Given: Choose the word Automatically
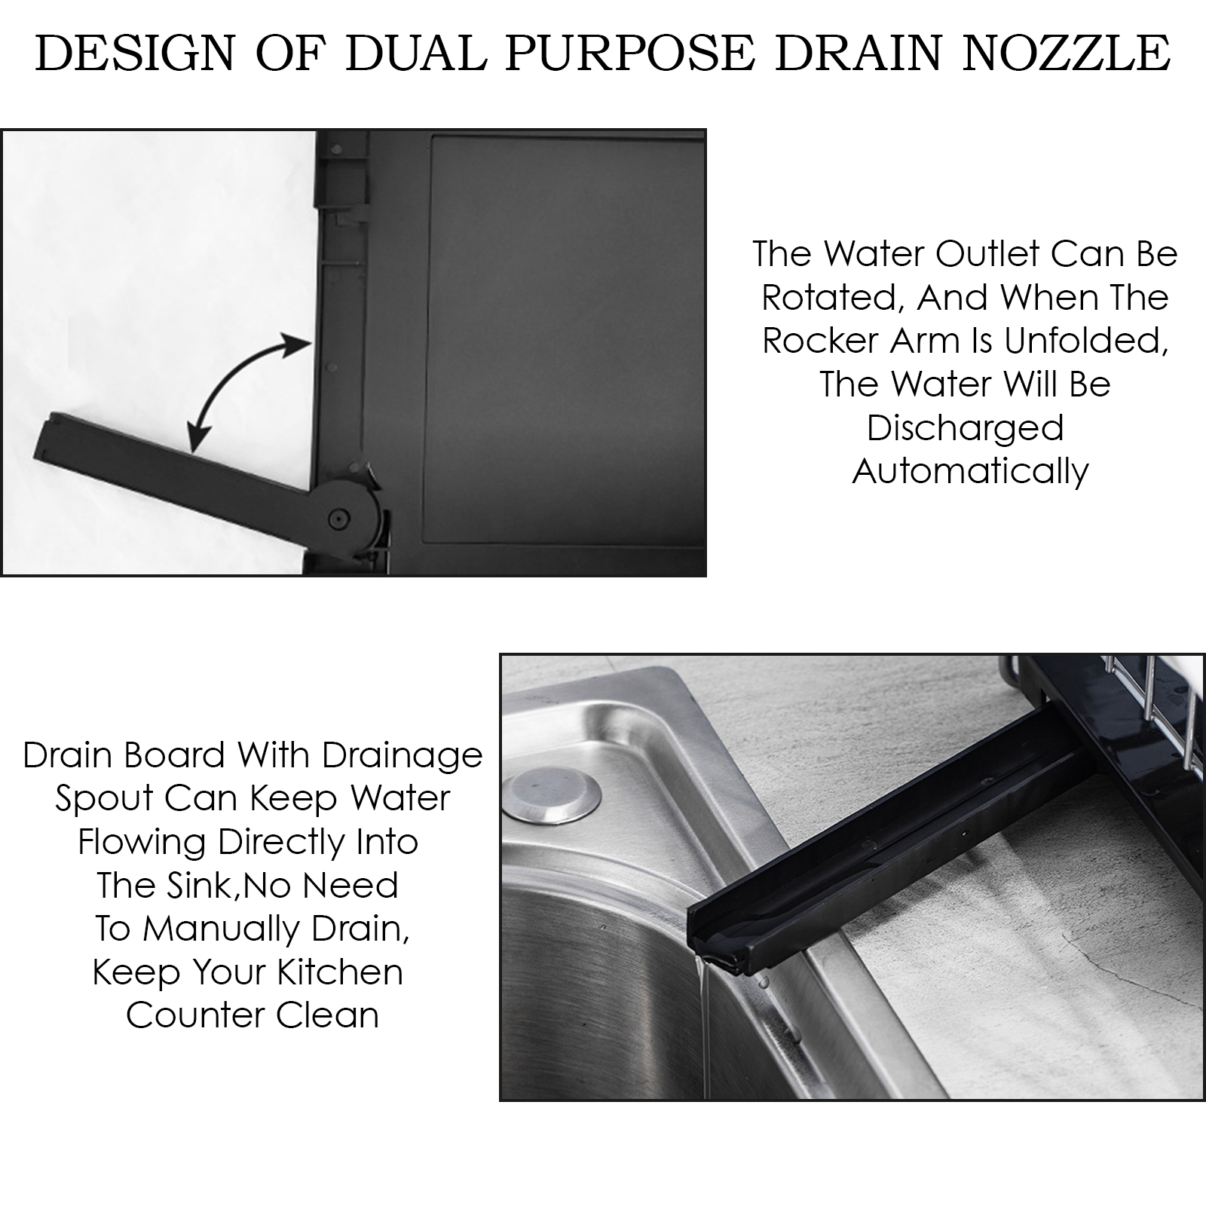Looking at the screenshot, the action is [971, 473].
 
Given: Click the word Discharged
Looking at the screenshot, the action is [966, 429].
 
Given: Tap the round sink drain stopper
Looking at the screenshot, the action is [552, 794].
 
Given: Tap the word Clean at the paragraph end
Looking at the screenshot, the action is [327, 1016].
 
